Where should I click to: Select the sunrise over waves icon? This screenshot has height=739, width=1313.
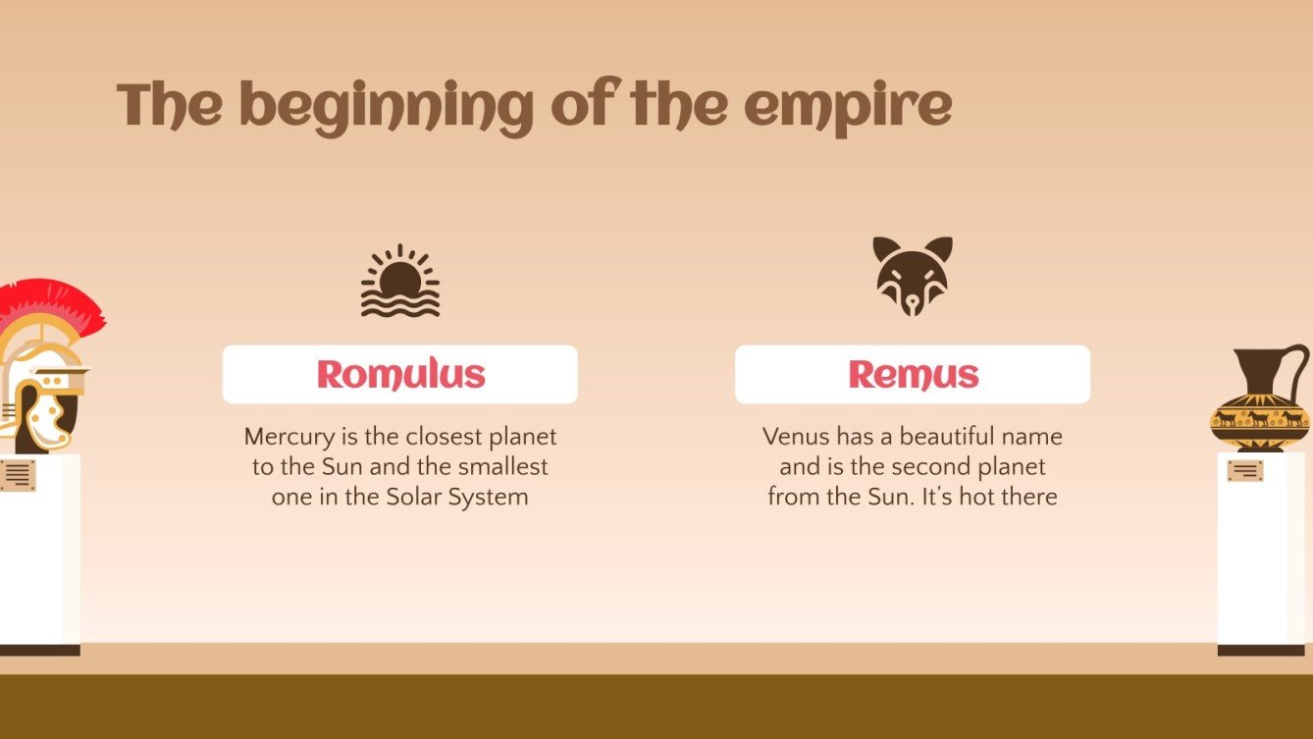tap(399, 282)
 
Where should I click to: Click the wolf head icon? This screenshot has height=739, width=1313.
tap(913, 276)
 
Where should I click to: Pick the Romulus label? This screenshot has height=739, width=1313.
tap(400, 374)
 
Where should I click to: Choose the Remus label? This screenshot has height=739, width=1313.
tap(913, 374)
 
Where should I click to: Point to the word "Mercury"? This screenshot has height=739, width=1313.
tap(287, 437)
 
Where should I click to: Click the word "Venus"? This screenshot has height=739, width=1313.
tap(796, 436)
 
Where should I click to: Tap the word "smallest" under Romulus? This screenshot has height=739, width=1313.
tap(502, 466)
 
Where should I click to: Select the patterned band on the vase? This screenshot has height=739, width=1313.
tap(1259, 418)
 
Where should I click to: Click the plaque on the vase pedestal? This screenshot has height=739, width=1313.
tap(1244, 471)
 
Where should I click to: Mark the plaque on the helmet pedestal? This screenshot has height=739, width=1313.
tap(18, 475)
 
